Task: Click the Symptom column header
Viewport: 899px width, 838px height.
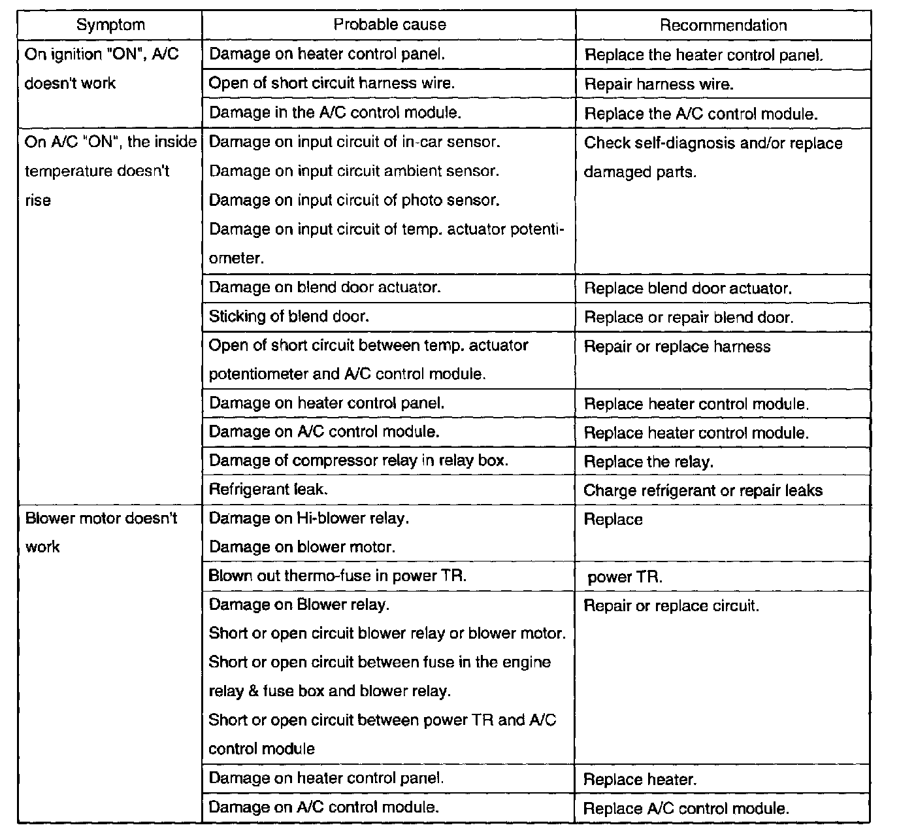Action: coord(110,25)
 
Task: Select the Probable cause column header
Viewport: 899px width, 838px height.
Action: coord(389,25)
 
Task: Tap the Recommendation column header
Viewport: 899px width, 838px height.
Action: coord(723,25)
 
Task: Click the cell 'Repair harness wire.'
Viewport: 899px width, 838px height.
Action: coord(659,84)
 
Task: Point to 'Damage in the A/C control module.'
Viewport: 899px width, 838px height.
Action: coord(335,112)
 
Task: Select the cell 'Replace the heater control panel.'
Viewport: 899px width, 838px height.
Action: coord(704,55)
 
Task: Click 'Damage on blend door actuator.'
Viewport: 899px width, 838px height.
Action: coord(324,287)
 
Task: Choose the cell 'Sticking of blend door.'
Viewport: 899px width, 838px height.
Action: coord(289,316)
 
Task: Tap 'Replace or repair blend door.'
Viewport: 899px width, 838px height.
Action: coord(689,318)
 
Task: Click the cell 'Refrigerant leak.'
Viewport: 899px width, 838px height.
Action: coord(268,489)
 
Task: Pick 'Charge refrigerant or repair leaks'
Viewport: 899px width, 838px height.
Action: coord(702,490)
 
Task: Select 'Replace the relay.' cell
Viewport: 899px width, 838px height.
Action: coord(648,462)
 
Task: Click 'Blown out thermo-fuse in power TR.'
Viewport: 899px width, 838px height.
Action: coord(337,576)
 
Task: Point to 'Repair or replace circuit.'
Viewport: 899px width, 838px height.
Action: coord(671,606)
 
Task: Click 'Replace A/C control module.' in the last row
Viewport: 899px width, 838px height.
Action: coord(686,809)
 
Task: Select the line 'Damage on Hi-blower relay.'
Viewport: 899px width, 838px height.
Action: coord(309,518)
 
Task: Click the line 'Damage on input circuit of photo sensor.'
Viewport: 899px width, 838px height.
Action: coord(354,200)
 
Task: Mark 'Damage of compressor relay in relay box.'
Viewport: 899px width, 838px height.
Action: coord(358,460)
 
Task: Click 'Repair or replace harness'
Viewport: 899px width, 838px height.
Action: coord(677,346)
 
